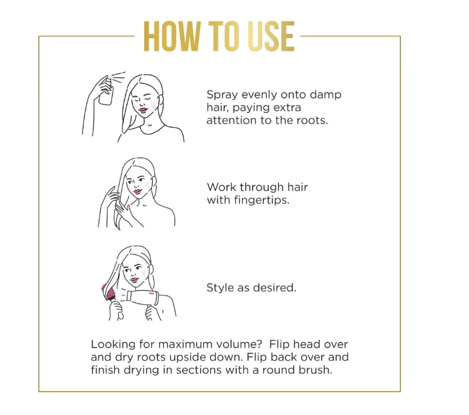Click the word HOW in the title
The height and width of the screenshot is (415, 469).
point(172,36)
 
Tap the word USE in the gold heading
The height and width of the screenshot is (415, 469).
point(271,36)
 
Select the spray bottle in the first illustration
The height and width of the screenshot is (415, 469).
point(106,91)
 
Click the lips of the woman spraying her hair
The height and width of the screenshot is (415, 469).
point(143,110)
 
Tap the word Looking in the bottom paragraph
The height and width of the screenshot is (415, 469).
point(113,345)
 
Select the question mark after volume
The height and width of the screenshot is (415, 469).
point(259,345)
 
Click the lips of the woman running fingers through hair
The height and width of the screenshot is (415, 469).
point(137,192)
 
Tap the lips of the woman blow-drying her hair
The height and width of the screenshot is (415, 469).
point(134,280)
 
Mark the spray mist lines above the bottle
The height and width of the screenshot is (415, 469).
point(119,76)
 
